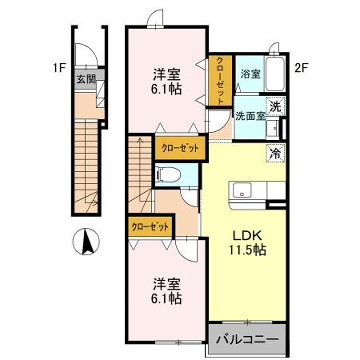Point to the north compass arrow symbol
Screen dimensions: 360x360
coord(86,241)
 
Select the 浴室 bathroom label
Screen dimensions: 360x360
coord(250,73)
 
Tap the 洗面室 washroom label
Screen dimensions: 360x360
coord(250,116)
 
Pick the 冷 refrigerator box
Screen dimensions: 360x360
coord(273,153)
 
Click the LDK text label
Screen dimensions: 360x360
coord(246,236)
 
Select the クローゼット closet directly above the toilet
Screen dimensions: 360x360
coord(180,147)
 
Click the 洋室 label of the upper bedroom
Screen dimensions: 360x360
coord(167,74)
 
